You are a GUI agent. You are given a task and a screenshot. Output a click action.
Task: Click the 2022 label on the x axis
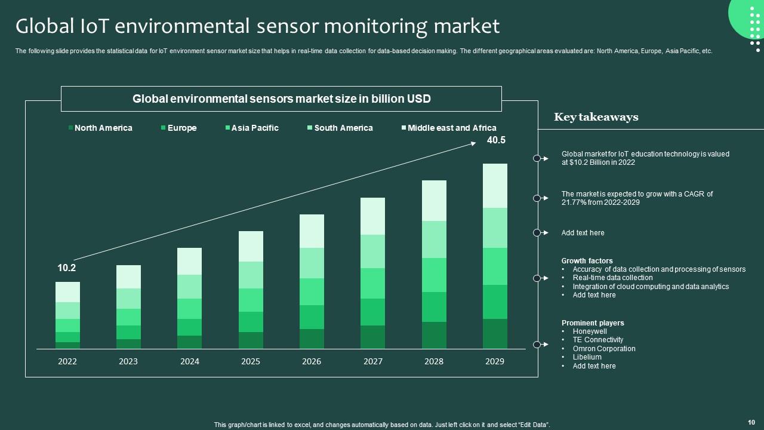[67, 361]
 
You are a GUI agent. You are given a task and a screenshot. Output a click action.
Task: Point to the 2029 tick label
[494, 361]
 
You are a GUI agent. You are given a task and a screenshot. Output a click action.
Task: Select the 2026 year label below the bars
[312, 361]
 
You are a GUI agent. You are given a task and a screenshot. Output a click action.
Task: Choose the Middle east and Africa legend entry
[451, 128]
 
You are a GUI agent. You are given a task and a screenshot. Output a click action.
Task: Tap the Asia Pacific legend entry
[254, 128]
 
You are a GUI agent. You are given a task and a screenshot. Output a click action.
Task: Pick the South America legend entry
[343, 128]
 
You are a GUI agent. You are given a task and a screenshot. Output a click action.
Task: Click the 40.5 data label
[496, 140]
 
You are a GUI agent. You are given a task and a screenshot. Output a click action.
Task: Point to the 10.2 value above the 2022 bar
[67, 268]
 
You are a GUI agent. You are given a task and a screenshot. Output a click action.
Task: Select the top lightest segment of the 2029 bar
[495, 186]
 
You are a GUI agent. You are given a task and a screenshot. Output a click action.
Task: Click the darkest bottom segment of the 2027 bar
[372, 337]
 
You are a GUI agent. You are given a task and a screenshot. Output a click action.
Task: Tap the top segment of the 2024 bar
[189, 261]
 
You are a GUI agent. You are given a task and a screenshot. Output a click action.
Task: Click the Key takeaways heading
[596, 117]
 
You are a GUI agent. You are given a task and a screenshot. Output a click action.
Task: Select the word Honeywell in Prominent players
[590, 331]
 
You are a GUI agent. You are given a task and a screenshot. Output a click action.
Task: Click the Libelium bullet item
[587, 357]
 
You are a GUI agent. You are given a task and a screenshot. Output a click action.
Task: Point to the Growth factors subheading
[587, 261]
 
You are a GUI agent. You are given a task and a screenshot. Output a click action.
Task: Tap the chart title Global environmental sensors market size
[281, 99]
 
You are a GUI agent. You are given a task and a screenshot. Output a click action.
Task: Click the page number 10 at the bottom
[751, 422]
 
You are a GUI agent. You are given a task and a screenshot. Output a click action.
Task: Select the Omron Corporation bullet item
[604, 349]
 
